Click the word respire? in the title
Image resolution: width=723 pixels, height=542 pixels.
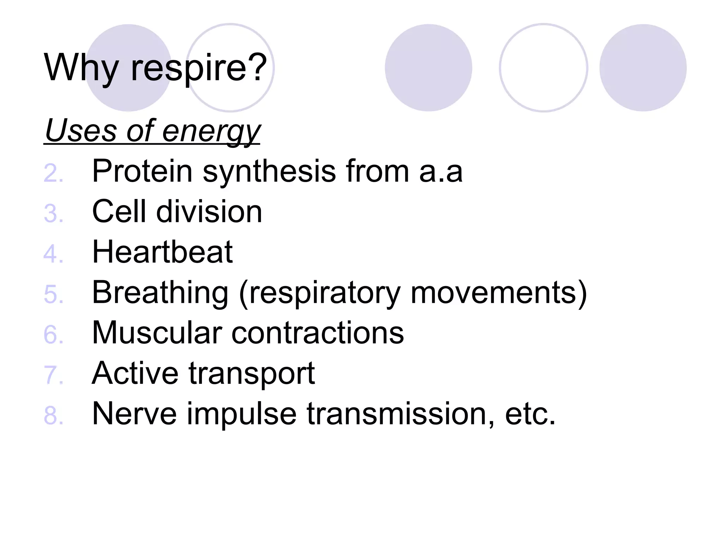pos(199,68)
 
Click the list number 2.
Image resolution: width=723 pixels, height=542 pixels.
pos(53,173)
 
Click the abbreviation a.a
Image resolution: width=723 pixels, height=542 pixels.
pos(441,172)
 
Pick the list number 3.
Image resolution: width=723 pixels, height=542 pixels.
pos(53,213)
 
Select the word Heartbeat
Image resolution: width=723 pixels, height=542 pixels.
pos(162,252)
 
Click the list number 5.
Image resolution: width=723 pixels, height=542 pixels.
pos(53,294)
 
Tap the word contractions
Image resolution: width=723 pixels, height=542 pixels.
pos(318,333)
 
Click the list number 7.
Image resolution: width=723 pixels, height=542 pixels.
pos(53,375)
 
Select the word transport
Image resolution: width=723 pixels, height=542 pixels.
pos(251,374)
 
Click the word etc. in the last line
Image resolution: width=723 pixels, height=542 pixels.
pos(530,414)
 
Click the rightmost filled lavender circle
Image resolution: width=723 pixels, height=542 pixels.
pos(643,68)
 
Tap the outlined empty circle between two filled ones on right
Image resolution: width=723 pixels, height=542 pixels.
pos(543,68)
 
